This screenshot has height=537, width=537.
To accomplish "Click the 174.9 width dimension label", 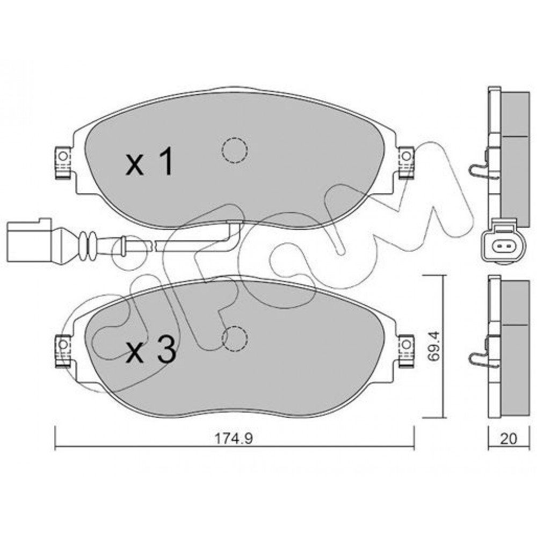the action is pyautogui.click(x=234, y=438).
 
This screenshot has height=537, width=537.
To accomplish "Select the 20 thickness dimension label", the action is pyautogui.click(x=508, y=438).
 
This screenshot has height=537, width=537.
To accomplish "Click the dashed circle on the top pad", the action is pyautogui.click(x=234, y=150).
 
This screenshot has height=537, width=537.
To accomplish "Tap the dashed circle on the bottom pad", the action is pyautogui.click(x=234, y=338).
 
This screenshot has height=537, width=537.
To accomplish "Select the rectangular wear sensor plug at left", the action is pyautogui.click(x=29, y=241).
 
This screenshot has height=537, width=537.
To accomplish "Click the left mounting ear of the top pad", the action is pyautogui.click(x=63, y=162).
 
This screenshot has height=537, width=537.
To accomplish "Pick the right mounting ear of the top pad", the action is pyautogui.click(x=406, y=162).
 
